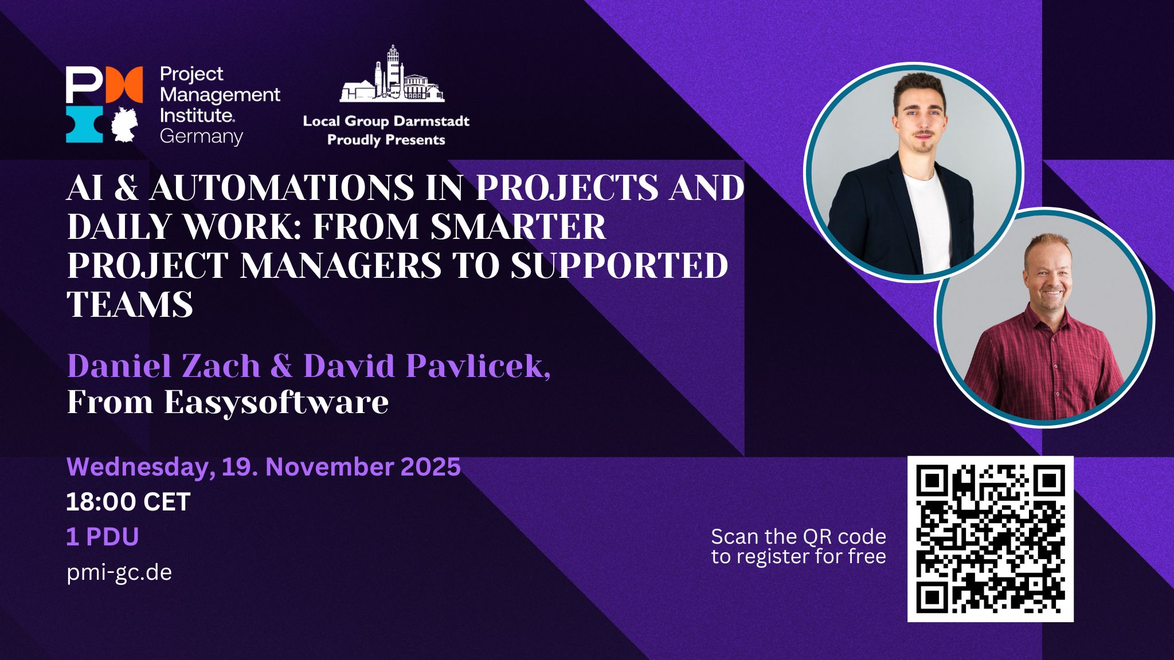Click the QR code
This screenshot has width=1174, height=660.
[x=990, y=539]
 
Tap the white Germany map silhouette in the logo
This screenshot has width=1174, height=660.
[x=124, y=124]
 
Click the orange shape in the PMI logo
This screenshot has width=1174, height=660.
[x=124, y=85]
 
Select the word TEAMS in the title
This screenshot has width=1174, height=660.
[x=130, y=304]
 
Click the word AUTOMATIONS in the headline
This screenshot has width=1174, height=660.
[x=281, y=187]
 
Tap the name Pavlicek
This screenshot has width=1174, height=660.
[x=479, y=366]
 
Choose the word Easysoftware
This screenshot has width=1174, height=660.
[x=276, y=402]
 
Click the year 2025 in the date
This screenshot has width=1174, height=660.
[x=431, y=467]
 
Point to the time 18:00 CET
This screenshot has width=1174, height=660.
[x=128, y=502]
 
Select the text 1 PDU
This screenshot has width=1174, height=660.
[x=103, y=537]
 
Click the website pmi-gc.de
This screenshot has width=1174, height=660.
[x=119, y=572]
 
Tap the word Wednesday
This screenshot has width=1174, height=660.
[x=141, y=467]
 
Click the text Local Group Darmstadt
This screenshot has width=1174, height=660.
[x=386, y=121]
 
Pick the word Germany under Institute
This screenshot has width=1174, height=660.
[x=201, y=137]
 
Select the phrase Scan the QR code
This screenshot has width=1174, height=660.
[x=799, y=537]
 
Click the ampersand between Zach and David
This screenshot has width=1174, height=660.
[x=281, y=366]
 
